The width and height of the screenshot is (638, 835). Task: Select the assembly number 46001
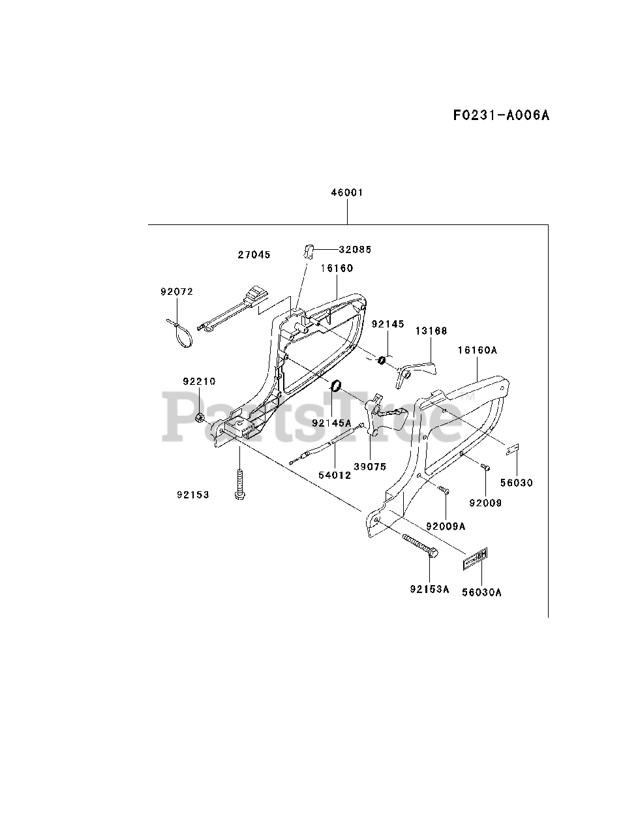pyautogui.click(x=347, y=192)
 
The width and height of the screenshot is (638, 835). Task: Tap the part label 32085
pyautogui.click(x=355, y=249)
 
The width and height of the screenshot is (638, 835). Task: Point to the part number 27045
pyautogui.click(x=254, y=255)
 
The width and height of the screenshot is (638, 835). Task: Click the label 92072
pyautogui.click(x=177, y=292)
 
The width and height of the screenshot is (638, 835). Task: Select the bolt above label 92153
pyautogui.click(x=239, y=483)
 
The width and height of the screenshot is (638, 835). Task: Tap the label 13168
pyautogui.click(x=431, y=331)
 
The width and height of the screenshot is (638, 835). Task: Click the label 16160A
pyautogui.click(x=477, y=350)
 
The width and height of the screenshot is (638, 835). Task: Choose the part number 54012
pyautogui.click(x=335, y=475)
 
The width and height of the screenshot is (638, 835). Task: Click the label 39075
pyautogui.click(x=371, y=466)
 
